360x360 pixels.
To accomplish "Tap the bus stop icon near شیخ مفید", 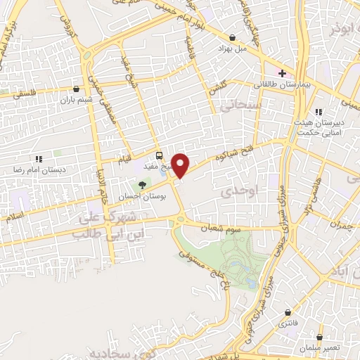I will (x=159, y=156).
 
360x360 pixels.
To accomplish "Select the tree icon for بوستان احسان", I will (x=143, y=185).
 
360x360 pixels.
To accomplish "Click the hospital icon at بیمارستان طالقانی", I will (x=282, y=72).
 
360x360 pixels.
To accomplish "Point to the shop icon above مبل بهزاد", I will (x=232, y=37).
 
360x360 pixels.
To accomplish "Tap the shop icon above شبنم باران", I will (x=76, y=89).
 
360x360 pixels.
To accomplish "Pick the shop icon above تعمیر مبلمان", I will (x=319, y=337).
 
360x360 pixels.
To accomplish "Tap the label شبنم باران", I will (x=75, y=100).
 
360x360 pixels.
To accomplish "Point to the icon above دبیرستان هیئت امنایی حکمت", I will (x=319, y=112).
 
